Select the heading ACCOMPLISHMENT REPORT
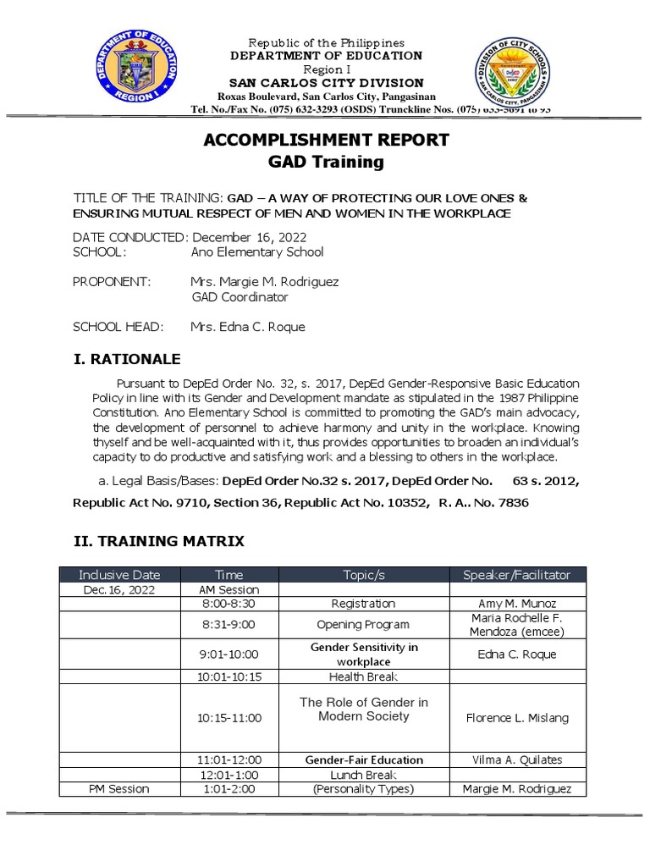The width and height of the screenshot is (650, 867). (326, 140)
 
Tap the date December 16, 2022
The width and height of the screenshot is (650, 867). (249, 237)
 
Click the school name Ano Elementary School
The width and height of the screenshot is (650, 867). (257, 252)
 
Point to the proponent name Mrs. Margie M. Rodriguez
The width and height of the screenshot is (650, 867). (264, 282)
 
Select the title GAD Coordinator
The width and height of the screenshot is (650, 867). (240, 297)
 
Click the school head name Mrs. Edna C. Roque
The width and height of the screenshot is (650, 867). (247, 327)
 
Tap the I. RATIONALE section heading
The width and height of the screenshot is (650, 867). (126, 360)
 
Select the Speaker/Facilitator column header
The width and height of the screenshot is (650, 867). (516, 575)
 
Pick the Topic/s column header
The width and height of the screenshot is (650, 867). (363, 575)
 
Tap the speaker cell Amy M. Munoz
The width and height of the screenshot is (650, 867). (516, 604)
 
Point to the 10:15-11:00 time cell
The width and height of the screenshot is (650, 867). (229, 718)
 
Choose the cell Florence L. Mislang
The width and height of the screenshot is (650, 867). (516, 718)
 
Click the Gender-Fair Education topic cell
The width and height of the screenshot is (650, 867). (363, 759)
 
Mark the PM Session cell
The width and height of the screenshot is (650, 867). (119, 789)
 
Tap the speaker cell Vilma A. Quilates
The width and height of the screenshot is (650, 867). (516, 759)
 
